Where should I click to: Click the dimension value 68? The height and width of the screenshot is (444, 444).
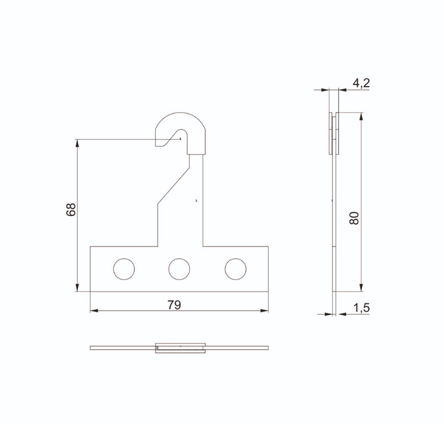[71, 210]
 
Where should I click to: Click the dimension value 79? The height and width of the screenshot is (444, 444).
[174, 305]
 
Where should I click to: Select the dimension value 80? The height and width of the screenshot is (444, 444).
[354, 218]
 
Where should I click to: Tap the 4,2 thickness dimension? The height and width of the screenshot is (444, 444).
[361, 83]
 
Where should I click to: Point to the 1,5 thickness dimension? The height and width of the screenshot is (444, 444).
[362, 307]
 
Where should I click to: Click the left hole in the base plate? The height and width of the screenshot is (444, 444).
[124, 269]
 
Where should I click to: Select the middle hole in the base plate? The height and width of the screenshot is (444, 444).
[179, 269]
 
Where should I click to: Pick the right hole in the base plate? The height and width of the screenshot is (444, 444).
[235, 269]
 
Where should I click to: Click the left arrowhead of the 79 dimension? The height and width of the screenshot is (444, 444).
[94, 311]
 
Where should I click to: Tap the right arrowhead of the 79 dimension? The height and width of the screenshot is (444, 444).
[265, 311]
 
